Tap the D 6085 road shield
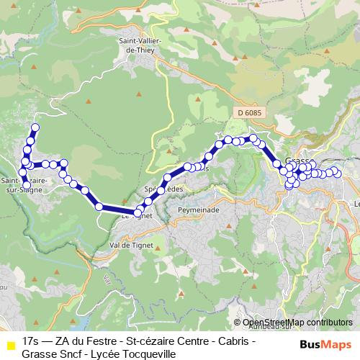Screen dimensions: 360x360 [x=247, y=112]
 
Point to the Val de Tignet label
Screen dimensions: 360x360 [x=130, y=245]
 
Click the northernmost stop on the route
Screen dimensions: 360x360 [x=34, y=129]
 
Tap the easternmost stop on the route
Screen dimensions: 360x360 [x=336, y=173]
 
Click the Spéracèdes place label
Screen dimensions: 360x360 [x=164, y=189]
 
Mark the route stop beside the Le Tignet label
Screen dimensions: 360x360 [x=138, y=212]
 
